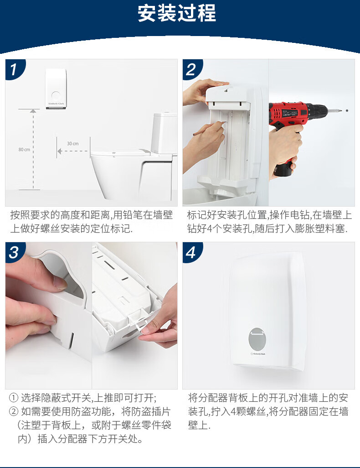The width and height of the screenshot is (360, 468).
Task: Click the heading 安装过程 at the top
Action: [x=176, y=13]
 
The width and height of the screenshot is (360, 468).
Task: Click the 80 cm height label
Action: [x=24, y=150]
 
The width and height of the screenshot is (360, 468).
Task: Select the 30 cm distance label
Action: [x=73, y=144]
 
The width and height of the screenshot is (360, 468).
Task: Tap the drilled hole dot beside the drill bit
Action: [x=347, y=110]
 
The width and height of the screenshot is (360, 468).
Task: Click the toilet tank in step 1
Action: [x=164, y=133]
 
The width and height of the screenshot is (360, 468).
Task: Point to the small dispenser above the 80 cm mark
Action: [x=56, y=88]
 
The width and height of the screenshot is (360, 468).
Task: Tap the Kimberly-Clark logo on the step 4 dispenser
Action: [x=258, y=354]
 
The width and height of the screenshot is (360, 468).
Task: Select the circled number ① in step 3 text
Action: [x=14, y=398]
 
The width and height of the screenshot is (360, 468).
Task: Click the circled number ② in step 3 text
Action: [x=14, y=411]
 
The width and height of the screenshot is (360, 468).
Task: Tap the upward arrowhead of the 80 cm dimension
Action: [x=33, y=111]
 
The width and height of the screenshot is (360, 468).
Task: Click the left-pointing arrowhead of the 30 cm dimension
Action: [x=60, y=151]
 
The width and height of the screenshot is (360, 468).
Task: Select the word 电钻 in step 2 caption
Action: [x=301, y=215]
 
